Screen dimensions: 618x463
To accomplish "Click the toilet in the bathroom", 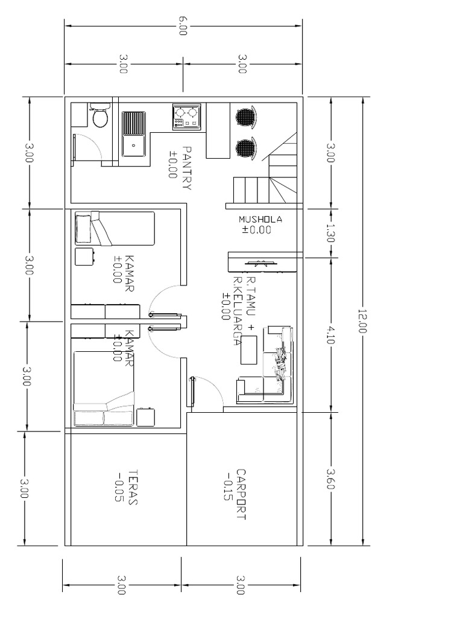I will tap(99, 116).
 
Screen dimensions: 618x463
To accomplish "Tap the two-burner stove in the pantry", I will tap(186, 116).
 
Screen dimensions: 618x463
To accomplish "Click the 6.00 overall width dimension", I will tap(183, 27).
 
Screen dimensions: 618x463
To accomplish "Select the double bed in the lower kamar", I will tap(103, 389).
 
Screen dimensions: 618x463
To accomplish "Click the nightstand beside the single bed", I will tap(85, 256).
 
